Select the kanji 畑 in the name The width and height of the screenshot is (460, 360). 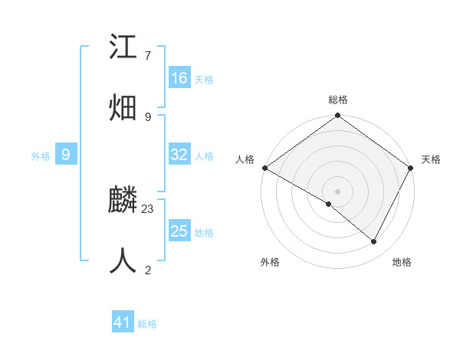(x=123, y=106)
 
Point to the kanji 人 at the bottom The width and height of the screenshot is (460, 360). (x=123, y=260)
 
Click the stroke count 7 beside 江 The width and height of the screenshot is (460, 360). (x=147, y=56)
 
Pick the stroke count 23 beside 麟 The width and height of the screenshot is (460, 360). (x=148, y=208)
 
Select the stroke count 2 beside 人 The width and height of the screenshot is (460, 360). (x=147, y=270)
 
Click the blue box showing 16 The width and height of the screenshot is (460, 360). (x=179, y=78)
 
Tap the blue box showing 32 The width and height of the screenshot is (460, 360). (x=179, y=155)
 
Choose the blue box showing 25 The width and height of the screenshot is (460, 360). (x=179, y=231)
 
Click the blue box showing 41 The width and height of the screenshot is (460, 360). (x=123, y=322)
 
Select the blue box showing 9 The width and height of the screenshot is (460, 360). (x=66, y=155)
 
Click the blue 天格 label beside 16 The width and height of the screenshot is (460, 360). (x=204, y=80)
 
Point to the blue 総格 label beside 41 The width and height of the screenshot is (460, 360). (x=147, y=324)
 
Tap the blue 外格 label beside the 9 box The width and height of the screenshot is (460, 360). (x=41, y=156)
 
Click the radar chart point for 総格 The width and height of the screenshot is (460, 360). (x=337, y=116)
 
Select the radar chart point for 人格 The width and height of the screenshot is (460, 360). (x=264, y=168)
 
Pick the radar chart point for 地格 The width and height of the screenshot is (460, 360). (x=374, y=241)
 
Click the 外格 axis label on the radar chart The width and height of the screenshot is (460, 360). (x=270, y=263)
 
